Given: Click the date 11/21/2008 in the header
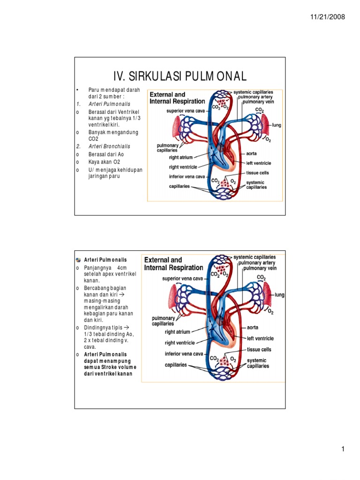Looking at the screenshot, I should coord(328,17).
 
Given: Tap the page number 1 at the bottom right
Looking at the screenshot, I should coord(343,450).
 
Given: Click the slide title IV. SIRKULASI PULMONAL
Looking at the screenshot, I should coord(180,76).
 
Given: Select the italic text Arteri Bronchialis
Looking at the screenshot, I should coord(109,146).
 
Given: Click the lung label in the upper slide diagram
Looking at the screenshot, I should coord(277,125).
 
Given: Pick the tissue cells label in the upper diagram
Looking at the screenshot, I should coord(258,172).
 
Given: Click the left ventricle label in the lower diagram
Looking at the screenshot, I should coord(260,338).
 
